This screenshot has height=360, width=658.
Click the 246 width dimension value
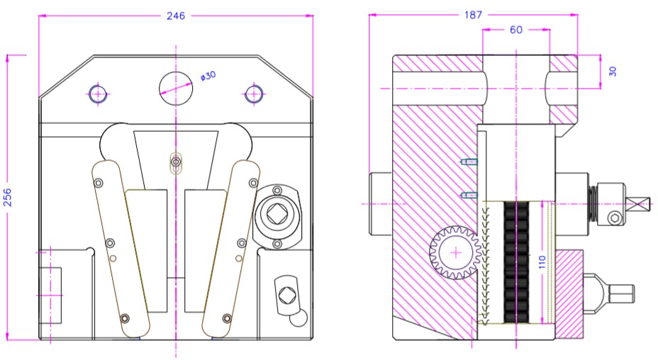(175, 16)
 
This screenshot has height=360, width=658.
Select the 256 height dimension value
(8, 196)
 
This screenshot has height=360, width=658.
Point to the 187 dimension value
(472, 14)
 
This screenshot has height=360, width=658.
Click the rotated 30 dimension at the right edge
(612, 72)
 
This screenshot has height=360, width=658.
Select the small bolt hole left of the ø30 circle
(98, 93)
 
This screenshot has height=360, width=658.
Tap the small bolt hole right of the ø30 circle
(253, 93)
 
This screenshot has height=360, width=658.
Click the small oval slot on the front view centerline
(175, 163)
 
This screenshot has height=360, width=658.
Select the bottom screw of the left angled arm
(126, 317)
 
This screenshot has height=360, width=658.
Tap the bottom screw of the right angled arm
(226, 317)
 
